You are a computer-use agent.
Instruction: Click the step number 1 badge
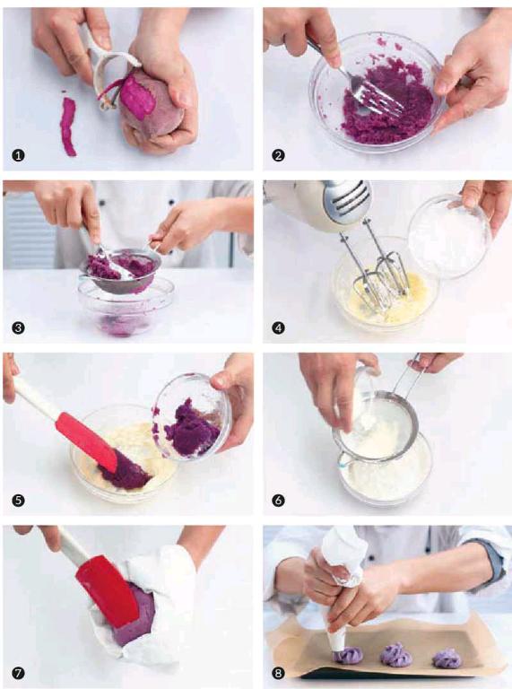(x=18, y=155)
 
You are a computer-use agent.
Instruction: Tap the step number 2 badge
(x=278, y=155)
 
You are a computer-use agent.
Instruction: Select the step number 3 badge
(x=18, y=327)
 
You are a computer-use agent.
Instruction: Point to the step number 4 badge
(x=278, y=327)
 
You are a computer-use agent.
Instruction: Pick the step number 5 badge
(x=18, y=501)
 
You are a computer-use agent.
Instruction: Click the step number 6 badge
(x=278, y=501)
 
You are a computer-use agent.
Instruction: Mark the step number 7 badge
(x=18, y=673)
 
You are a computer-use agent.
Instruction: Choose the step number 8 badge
(x=278, y=673)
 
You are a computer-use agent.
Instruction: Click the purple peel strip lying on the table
(x=68, y=126)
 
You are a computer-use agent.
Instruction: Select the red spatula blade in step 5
(x=86, y=440)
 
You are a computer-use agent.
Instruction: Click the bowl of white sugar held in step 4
(x=449, y=237)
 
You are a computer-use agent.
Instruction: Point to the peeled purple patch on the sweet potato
(x=138, y=97)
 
